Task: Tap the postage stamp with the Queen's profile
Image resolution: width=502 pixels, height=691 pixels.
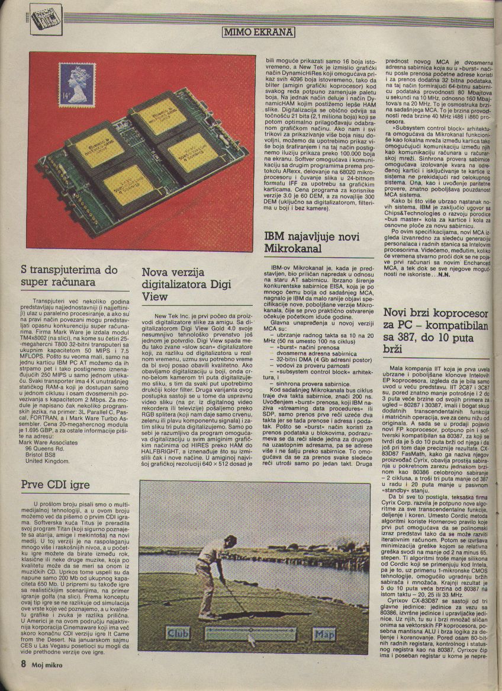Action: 76,85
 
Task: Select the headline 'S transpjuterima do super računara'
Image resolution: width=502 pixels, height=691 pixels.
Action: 69,276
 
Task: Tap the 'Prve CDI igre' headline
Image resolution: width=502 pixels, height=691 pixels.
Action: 55,485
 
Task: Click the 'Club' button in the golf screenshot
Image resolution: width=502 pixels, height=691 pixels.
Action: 178,634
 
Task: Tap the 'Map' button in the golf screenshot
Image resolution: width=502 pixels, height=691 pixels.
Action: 324,634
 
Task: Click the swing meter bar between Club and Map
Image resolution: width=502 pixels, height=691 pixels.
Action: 250,633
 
